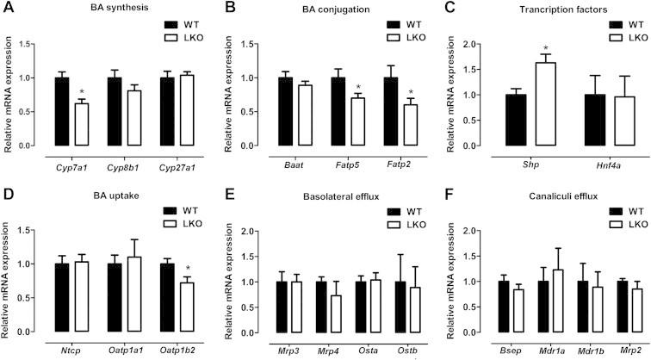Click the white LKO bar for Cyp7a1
tap(81, 124)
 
